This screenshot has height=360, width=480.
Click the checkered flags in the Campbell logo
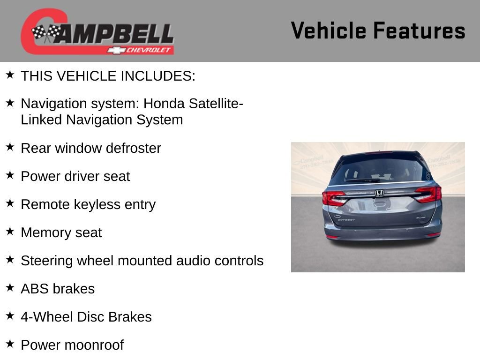(x=46, y=33)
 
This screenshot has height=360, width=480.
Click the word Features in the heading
(x=419, y=30)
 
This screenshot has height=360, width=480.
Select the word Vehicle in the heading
(x=329, y=30)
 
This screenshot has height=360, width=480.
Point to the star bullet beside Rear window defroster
(x=10, y=147)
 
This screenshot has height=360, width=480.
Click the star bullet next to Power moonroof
(x=10, y=344)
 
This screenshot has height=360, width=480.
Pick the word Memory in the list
(x=41, y=232)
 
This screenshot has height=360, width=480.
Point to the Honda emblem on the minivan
(x=379, y=193)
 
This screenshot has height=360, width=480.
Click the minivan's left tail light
(x=333, y=197)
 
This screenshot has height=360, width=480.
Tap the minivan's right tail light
(x=429, y=194)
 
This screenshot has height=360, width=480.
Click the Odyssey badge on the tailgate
(x=346, y=219)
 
